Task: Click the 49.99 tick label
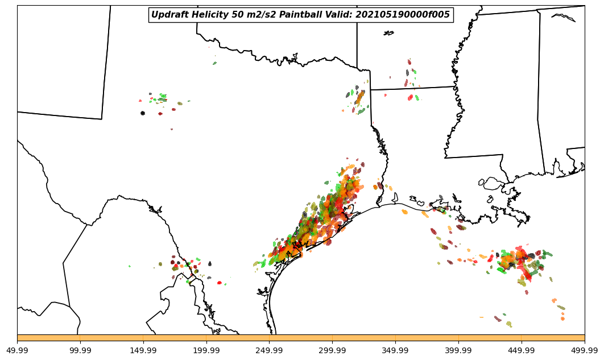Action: (17, 350)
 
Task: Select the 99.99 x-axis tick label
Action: (80, 350)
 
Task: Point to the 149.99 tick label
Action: (143, 350)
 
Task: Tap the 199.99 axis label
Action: (206, 350)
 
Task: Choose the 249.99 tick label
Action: (270, 350)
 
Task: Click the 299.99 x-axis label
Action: (333, 350)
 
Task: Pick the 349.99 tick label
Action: (396, 350)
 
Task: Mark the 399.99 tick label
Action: (458, 350)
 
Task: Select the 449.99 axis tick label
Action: (522, 350)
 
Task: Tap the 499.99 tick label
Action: (585, 350)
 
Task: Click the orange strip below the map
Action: (301, 338)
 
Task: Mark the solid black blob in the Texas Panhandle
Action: (142, 113)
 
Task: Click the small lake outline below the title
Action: (388, 34)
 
